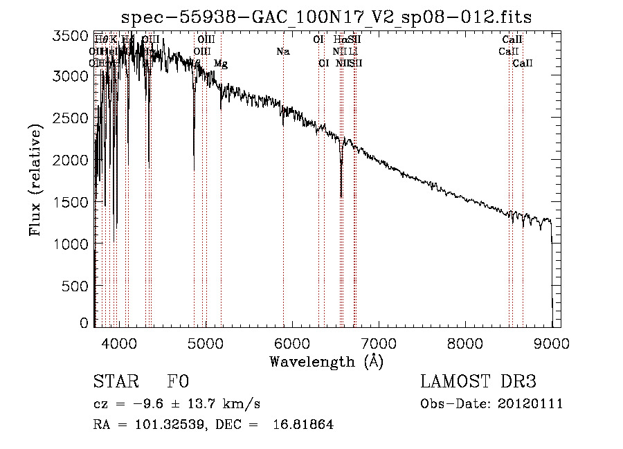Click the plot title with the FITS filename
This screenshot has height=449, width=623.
[x=326, y=17]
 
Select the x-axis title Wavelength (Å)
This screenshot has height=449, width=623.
[x=326, y=361]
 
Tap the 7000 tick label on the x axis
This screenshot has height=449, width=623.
[x=379, y=342]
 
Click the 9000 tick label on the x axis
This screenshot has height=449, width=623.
[x=552, y=342]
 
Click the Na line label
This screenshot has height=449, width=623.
[x=282, y=51]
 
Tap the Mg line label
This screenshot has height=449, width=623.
[x=220, y=64]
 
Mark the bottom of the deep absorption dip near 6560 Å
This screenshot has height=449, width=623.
[x=341, y=196]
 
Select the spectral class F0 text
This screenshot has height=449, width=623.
[x=178, y=382]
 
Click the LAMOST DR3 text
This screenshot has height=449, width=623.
[x=478, y=382]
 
